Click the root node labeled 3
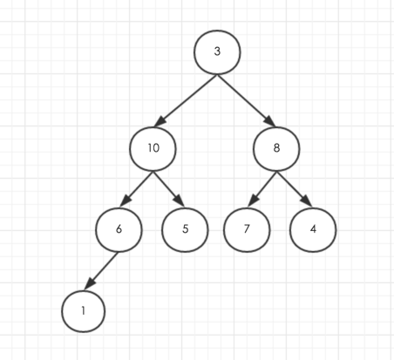coord(217,52)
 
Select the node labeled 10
coord(153,148)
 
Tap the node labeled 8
coord(276,148)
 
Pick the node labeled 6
coord(119,229)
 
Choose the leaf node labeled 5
coord(185,229)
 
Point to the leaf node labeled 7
coord(247,229)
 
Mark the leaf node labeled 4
coord(313,229)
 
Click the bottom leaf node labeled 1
coord(84,311)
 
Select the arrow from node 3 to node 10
coord(186,101)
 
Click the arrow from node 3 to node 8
coord(247,100)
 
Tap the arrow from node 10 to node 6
coord(137,189)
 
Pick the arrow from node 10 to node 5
coord(169,189)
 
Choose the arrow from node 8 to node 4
coord(295,189)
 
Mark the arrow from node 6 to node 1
coord(101,271)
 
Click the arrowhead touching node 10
coord(160,122)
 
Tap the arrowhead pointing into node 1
coord(89,284)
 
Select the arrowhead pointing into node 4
coord(307,201)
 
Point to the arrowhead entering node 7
coord(253,201)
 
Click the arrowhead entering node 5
coord(180,201)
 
